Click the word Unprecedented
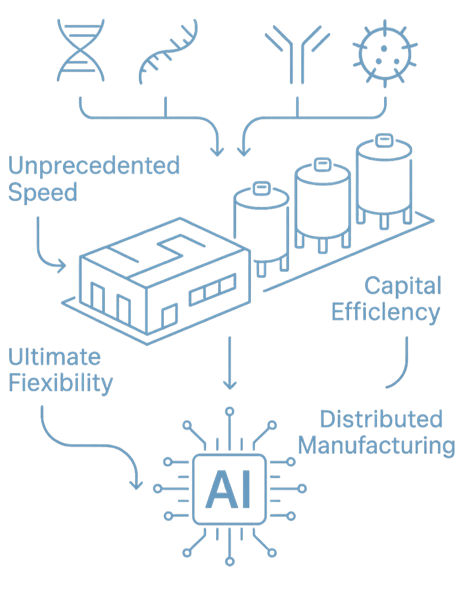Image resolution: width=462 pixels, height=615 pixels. [x=94, y=167]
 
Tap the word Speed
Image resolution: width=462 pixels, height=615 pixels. [x=43, y=194]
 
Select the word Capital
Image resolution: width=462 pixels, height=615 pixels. [x=402, y=287]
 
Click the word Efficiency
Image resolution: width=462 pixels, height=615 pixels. [x=386, y=313]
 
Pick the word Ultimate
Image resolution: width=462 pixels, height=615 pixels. [x=54, y=357]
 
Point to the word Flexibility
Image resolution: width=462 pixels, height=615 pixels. [x=60, y=383]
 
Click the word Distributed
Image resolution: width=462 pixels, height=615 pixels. [x=381, y=420]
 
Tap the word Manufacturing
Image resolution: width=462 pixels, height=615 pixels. [x=376, y=446]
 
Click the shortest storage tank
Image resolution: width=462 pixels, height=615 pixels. [x=261, y=224]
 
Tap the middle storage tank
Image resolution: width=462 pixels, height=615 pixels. [x=323, y=201]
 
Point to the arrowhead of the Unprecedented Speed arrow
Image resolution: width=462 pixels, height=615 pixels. [x=61, y=265]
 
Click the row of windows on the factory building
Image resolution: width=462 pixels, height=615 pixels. [x=213, y=291]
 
